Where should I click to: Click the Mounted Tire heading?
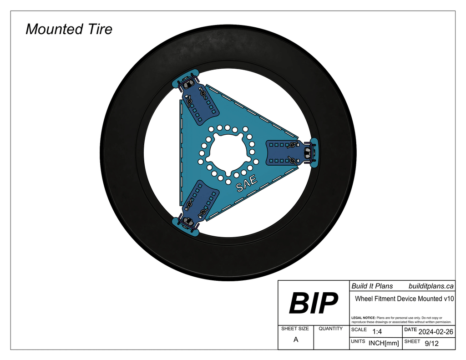pos(69,29)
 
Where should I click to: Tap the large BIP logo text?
pos(314,303)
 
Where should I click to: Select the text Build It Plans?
pos(372,286)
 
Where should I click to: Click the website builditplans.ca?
pos(431,286)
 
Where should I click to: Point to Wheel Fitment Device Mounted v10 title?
pos(404,299)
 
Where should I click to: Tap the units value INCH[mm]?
pos(384,343)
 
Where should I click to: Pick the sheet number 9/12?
pos(431,343)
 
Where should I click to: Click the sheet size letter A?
pos(296,340)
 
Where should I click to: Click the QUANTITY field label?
pos(331,329)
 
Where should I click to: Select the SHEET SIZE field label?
pos(295,329)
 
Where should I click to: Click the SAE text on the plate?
pos(246,183)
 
